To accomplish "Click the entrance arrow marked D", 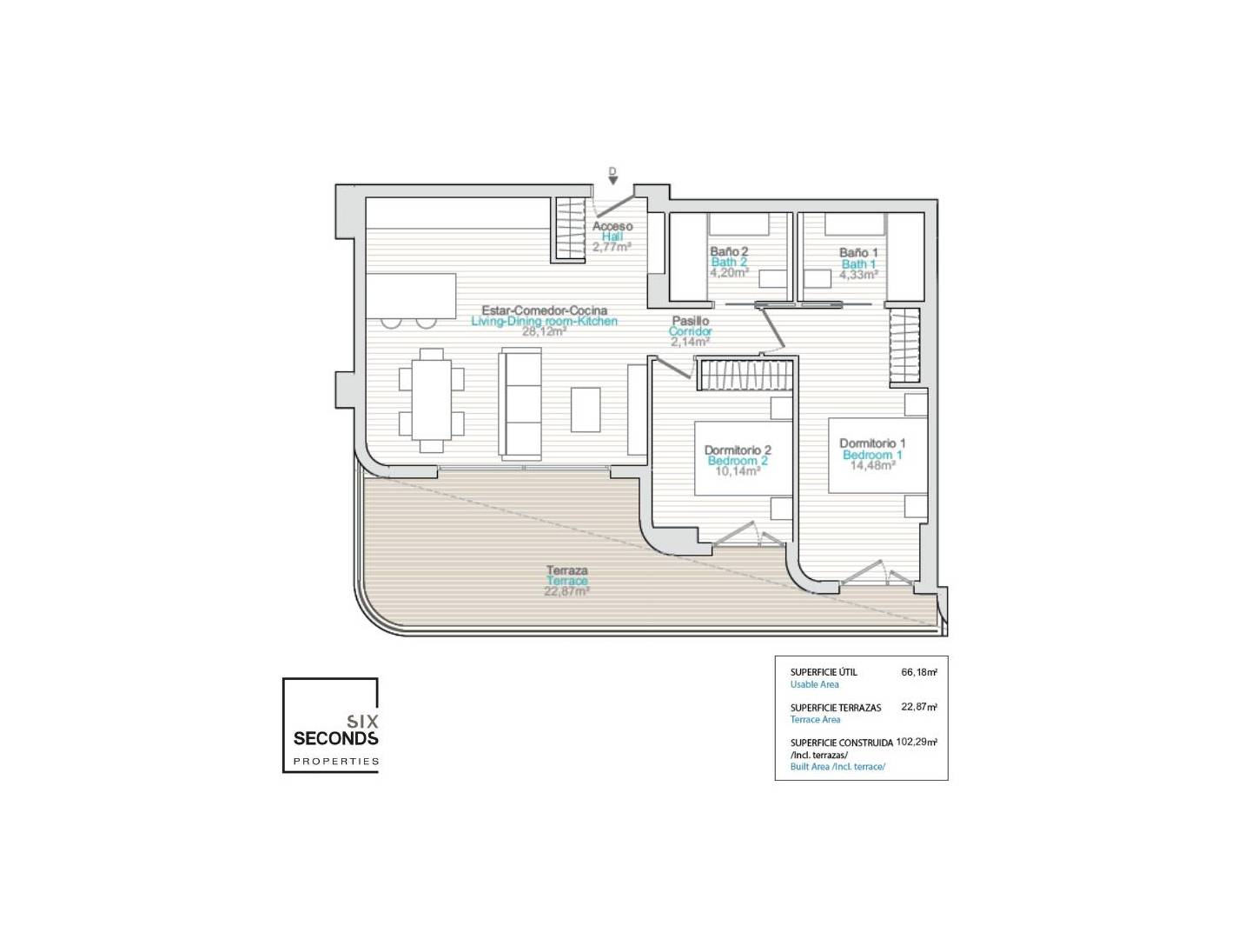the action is [x=612, y=180].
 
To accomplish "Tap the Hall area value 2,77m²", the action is [x=612, y=247].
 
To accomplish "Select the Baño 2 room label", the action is [x=729, y=251].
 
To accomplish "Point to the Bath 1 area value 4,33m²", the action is [x=858, y=275].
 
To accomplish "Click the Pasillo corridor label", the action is [x=690, y=321].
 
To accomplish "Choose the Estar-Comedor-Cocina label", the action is [x=545, y=310].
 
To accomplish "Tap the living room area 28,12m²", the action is [x=545, y=331].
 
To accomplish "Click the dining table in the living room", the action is [x=432, y=400].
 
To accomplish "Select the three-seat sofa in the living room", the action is [x=520, y=403].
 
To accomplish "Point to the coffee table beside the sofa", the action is [x=586, y=410].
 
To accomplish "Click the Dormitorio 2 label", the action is [x=738, y=450].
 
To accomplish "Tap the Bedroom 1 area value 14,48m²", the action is [x=872, y=465].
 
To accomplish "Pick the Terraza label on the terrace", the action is [x=566, y=570].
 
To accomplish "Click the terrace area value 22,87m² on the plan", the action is [x=566, y=591].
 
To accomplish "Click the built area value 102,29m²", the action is [x=917, y=743].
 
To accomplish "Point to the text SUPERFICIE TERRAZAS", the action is [x=836, y=708].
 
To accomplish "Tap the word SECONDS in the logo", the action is [x=335, y=738].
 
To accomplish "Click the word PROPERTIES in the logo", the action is [x=335, y=761].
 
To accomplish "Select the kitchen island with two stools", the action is [x=410, y=301].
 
